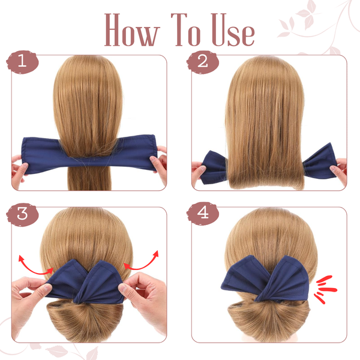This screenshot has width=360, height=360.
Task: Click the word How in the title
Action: (132, 30)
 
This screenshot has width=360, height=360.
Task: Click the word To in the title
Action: (186, 30)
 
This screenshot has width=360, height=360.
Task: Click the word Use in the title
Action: (233, 30)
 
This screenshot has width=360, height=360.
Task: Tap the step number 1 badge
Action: (22, 62)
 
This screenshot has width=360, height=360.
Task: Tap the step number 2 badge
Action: (203, 62)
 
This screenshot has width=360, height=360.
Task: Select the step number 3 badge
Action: (22, 215)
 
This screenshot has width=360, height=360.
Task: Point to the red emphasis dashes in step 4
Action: (326, 290)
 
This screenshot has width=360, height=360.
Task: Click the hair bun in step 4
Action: (269, 319)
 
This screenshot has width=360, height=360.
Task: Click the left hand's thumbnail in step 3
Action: (48, 287)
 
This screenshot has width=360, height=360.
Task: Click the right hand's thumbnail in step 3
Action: (122, 287)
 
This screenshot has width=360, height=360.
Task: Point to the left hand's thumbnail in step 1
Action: (25, 166)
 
